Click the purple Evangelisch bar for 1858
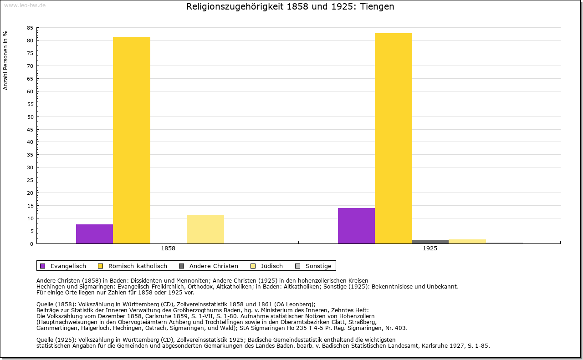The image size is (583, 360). coord(94,234)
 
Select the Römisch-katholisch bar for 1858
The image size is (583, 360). coord(132,140)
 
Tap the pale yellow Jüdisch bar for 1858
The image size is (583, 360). coord(205,229)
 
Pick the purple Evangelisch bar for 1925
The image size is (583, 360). coord(356,226)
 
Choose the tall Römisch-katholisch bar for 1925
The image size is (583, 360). coord(394,138)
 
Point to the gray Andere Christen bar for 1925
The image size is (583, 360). coord(430,242)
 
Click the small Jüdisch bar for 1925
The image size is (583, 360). coord(467,241)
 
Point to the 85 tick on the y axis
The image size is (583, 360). coord(30,28)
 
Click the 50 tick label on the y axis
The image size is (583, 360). coord(30,117)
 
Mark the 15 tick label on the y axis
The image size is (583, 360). coord(30,206)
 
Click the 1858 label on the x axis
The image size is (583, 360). coord(168,249)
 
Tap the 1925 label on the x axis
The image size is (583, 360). coord(430,249)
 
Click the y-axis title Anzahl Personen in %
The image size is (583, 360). coord(5,60)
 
